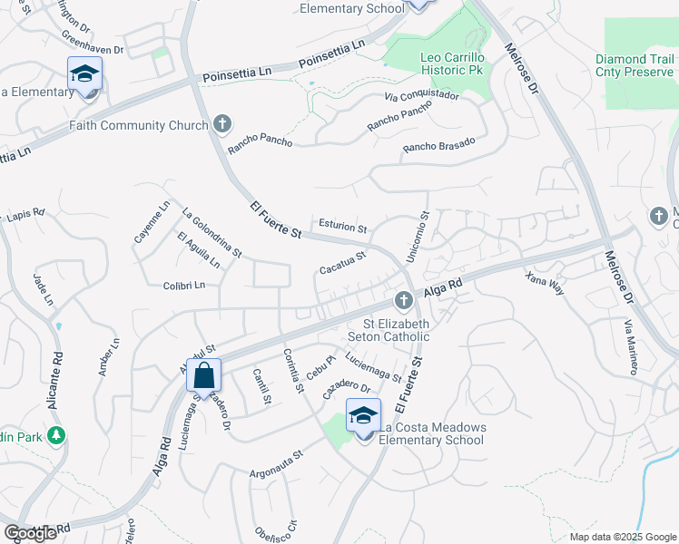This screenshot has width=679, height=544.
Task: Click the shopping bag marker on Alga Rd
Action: (203, 374)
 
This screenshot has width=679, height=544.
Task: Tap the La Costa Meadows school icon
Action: (364, 415)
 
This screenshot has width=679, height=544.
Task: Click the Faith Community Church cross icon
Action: (222, 125)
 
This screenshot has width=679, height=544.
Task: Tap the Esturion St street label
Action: (342, 228)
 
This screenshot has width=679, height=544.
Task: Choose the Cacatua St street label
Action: (342, 262)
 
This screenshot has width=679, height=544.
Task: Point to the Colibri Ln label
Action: (184, 285)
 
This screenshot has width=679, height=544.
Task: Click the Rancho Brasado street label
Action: (438, 147)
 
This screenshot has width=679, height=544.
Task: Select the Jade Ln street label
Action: (39, 287)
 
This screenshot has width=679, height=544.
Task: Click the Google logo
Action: (30, 533)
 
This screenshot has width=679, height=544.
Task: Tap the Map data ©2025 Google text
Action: (622, 537)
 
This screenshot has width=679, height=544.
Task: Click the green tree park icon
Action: (56, 436)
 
